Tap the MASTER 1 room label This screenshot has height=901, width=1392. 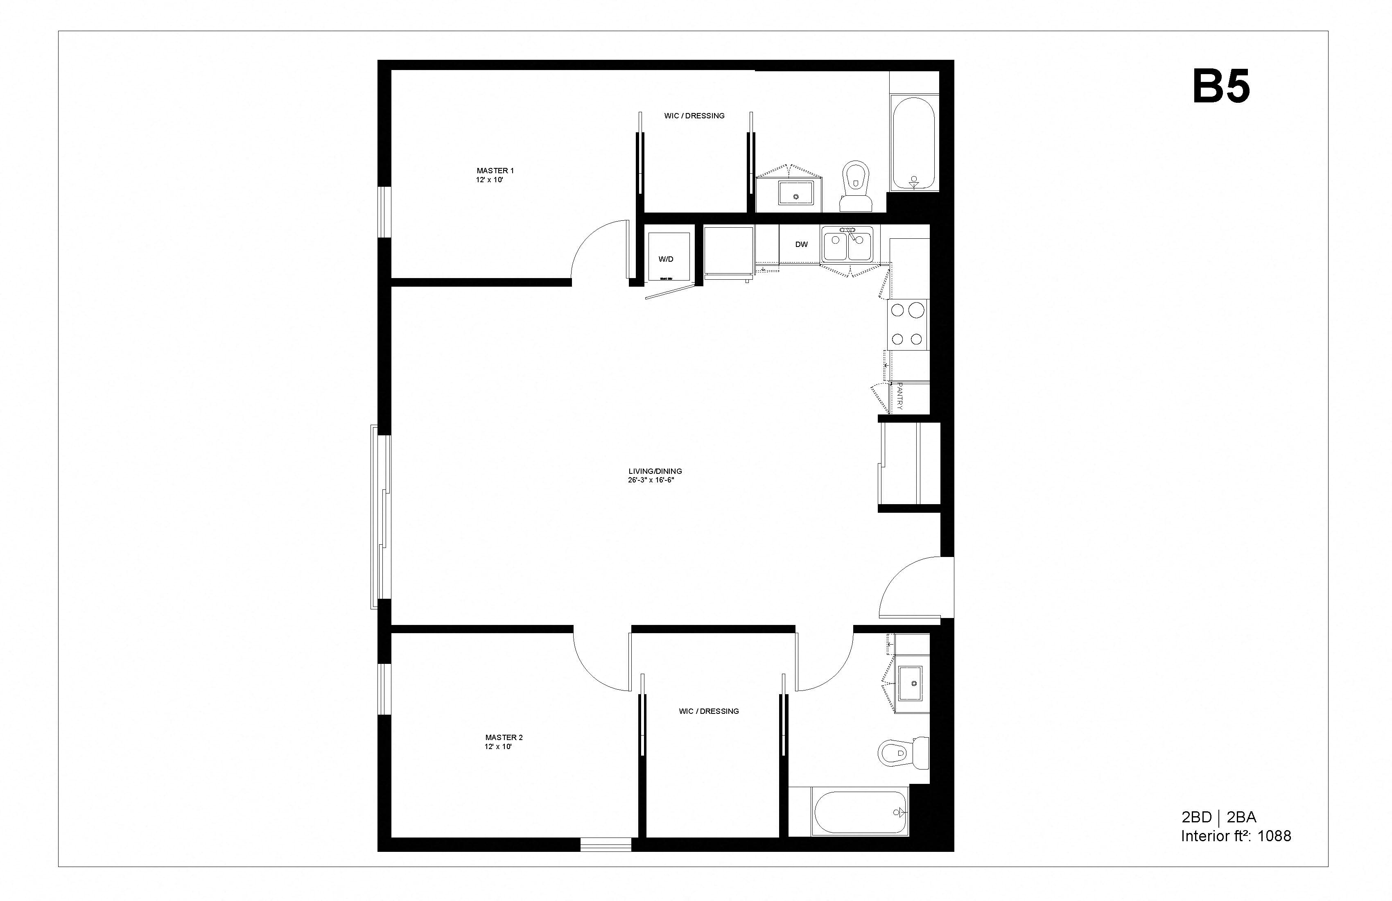(495, 171)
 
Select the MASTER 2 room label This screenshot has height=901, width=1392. (504, 737)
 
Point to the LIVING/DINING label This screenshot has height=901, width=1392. (655, 471)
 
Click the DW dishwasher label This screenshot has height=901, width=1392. (801, 244)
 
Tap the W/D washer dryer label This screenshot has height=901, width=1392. (666, 259)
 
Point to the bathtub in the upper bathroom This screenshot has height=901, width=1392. (913, 143)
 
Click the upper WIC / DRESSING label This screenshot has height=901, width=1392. (694, 116)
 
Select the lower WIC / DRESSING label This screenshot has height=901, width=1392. (709, 711)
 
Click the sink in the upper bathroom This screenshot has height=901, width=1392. (796, 193)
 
